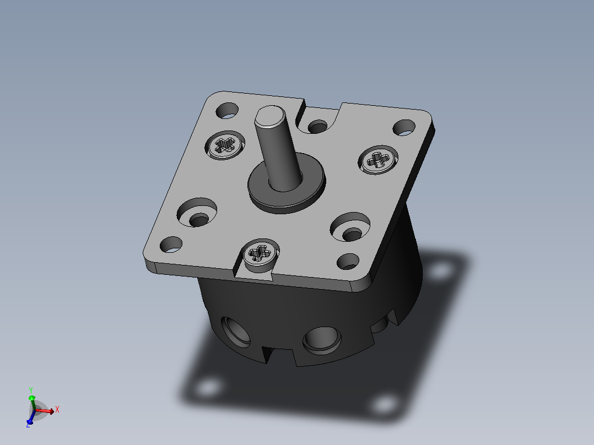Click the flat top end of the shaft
(270, 116)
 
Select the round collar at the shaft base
(287, 183)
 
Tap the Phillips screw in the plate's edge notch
(261, 252)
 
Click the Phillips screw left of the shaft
(225, 145)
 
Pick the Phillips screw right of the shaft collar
(378, 160)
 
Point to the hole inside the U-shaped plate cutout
(317, 127)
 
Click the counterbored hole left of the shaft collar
(197, 213)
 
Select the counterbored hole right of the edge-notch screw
(350, 227)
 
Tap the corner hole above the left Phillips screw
(227, 110)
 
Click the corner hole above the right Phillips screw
(404, 128)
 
